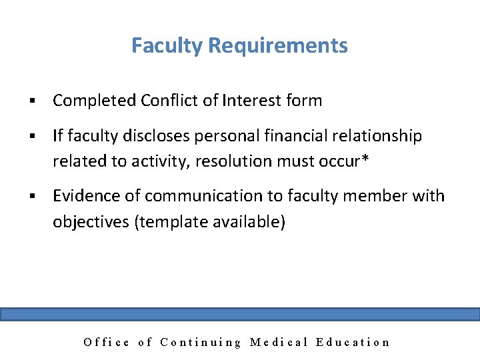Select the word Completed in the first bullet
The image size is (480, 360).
click(95, 101)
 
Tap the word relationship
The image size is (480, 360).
click(379, 136)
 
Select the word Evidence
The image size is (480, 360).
click(96, 196)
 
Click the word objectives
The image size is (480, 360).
click(91, 221)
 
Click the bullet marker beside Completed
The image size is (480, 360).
click(31, 101)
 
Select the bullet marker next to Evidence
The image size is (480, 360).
click(31, 197)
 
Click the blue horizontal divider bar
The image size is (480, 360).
click(240, 315)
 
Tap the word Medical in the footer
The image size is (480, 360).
click(279, 343)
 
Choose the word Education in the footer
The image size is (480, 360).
click(353, 343)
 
